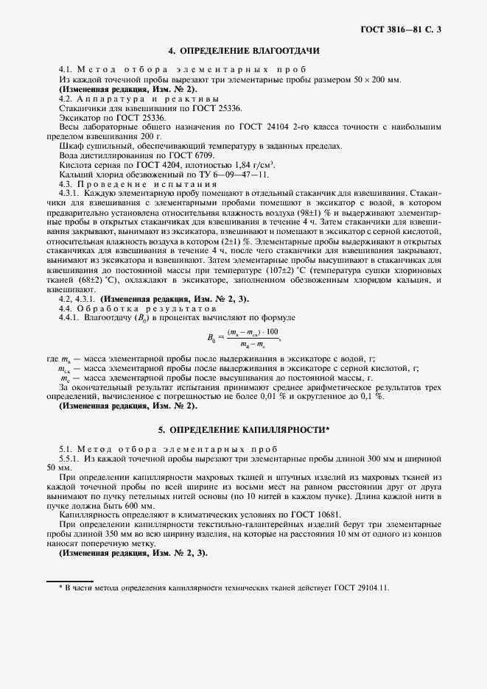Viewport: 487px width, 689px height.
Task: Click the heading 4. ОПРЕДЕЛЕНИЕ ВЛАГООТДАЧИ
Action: [243, 52]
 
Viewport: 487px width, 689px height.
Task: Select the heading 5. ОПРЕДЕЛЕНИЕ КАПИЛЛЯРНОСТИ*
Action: [243, 428]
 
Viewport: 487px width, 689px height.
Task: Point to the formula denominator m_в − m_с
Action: [253, 344]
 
